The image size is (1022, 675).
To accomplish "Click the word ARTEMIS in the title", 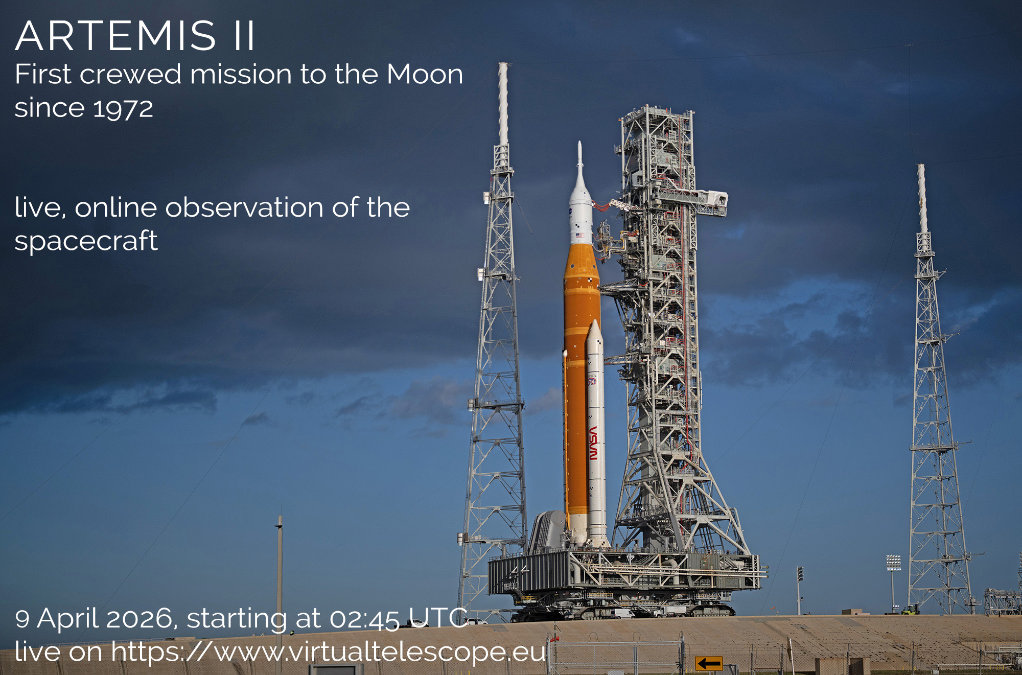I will coord(115,36).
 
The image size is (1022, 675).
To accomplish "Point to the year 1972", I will coord(123,108).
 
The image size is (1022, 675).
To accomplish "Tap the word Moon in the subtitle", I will coord(425,75).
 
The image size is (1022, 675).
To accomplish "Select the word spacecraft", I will coord(86,241).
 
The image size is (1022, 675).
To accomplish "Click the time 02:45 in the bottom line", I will coord(364,619).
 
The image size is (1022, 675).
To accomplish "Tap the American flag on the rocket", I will coord(579,236).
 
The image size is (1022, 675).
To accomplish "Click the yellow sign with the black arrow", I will coord(709,663).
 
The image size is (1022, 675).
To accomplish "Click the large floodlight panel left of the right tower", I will coord(893,563).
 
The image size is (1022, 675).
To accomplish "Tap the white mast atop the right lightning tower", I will coord(922,199).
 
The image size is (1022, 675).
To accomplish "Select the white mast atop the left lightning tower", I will coord(503,105).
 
